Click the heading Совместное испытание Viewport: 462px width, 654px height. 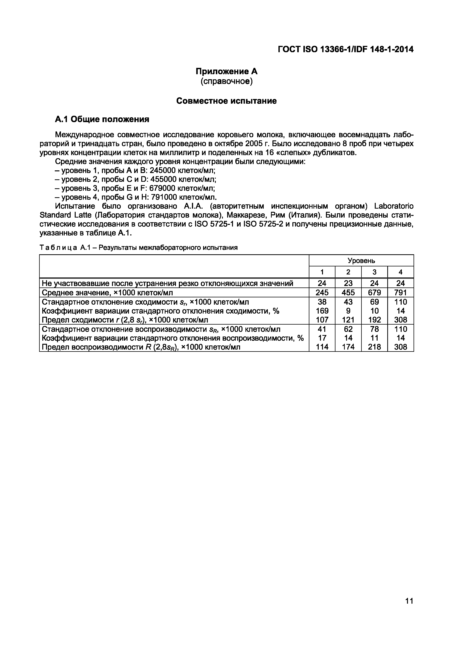click(226, 101)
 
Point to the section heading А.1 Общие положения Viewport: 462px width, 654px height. click(102, 119)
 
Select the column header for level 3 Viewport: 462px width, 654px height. click(374, 272)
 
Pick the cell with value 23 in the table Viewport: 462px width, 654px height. click(348, 283)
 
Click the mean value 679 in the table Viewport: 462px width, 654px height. click(374, 293)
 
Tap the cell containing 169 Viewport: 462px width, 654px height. click(322, 311)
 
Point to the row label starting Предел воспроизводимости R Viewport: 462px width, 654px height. click(141, 347)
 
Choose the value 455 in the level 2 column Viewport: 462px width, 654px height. click(348, 293)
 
